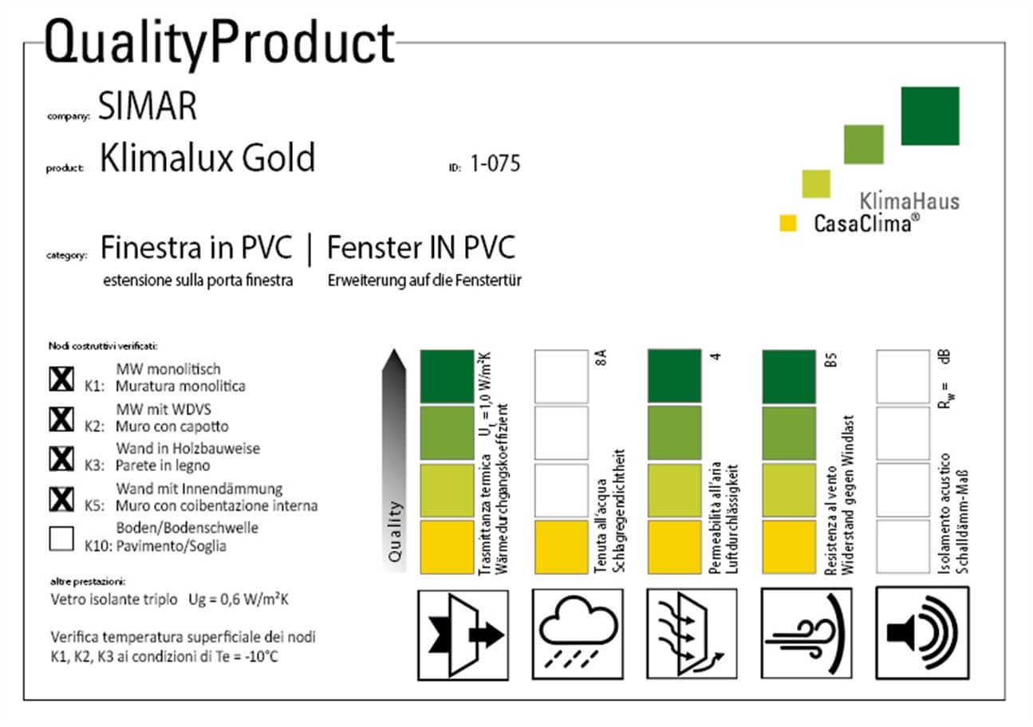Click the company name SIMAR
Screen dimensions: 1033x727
(148, 105)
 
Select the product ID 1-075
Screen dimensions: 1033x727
(495, 163)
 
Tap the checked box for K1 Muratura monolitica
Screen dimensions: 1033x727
(61, 379)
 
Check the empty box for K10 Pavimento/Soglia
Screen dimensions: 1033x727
(61, 539)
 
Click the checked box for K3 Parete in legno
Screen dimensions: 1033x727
(61, 459)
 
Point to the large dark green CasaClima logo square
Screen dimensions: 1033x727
(930, 116)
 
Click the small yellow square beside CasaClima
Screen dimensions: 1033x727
(787, 223)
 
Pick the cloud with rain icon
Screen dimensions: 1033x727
(578, 634)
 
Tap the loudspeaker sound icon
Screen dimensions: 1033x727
(922, 633)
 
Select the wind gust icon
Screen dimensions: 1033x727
(806, 633)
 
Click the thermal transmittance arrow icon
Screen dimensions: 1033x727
(463, 635)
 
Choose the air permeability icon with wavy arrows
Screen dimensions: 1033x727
(692, 634)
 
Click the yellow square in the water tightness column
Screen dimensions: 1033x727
(562, 547)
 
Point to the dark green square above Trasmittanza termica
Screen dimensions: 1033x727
(447, 376)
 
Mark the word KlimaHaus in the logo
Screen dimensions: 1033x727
(909, 202)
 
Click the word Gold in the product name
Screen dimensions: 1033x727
(278, 158)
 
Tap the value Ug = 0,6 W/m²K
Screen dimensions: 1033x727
(239, 599)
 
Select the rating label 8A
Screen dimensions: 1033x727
(601, 357)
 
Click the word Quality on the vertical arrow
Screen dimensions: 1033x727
(395, 532)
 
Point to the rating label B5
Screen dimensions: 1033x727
(830, 360)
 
